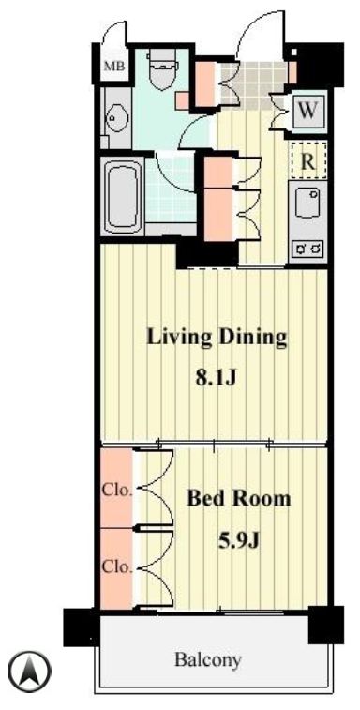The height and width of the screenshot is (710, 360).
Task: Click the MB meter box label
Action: click(114, 66)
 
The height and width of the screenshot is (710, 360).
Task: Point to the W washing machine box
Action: click(307, 111)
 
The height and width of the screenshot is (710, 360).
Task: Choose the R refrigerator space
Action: click(307, 160)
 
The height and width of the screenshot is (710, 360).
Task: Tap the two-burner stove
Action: click(307, 248)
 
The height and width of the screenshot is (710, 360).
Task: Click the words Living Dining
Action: click(216, 338)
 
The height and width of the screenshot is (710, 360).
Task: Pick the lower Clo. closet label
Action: click(116, 567)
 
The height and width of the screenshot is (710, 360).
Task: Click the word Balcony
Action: click(208, 659)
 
